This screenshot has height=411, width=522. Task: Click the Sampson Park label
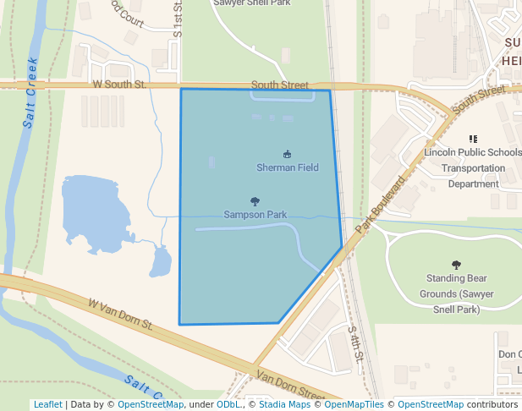point(256,215)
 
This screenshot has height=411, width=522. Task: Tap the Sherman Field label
point(288,167)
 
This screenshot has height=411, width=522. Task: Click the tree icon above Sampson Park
point(256,201)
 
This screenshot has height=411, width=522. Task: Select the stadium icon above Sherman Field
point(288,154)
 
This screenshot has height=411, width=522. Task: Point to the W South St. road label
point(120,85)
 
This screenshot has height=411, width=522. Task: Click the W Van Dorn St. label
point(120,313)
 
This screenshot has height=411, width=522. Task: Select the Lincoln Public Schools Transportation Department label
point(473,167)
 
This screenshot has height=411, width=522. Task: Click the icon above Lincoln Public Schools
point(473,139)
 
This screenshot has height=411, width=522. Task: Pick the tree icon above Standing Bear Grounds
point(457,265)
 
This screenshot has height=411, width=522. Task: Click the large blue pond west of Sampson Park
point(93,211)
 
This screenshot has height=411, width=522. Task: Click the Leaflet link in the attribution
point(47,404)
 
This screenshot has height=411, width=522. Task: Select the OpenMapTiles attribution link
point(354,404)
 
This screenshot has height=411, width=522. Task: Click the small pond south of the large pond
point(160,263)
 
